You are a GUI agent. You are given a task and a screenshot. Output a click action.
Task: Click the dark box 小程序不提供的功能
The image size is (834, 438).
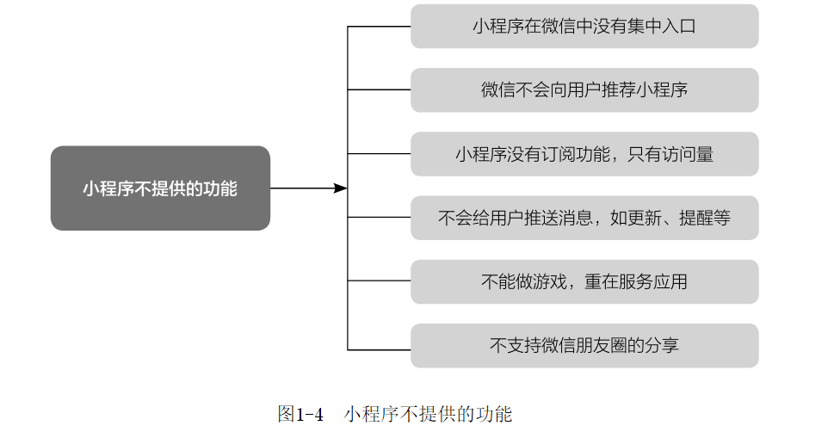pos(160,188)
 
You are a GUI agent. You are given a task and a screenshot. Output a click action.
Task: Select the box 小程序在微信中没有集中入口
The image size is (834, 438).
pos(584,26)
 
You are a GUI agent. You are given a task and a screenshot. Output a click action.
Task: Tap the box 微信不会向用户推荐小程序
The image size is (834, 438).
pos(584,90)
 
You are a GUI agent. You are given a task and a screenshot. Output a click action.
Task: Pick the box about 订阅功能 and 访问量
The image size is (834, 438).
pos(584,154)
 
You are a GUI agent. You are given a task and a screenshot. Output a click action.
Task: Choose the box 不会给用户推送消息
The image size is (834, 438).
pos(584,218)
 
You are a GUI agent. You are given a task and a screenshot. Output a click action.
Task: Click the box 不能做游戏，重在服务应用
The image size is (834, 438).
pos(584,282)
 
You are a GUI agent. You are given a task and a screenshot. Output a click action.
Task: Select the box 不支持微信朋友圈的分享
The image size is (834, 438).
pos(584,346)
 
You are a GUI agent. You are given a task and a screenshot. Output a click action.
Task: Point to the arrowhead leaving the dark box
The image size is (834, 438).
pos(341,188)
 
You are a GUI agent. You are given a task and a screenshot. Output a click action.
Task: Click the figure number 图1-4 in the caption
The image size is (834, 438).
pos(300,415)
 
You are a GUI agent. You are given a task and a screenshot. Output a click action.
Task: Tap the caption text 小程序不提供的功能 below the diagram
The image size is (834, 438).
pos(428,415)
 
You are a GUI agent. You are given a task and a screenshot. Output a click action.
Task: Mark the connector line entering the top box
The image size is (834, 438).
pos(379,27)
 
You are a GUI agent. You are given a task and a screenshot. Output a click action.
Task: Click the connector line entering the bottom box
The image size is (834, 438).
pos(379,349)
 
